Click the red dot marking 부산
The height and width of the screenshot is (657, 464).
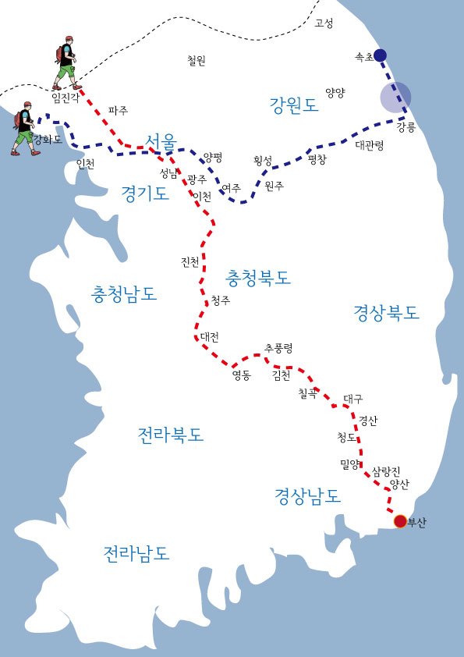pos(400,521)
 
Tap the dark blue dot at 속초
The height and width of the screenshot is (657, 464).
pos(380,55)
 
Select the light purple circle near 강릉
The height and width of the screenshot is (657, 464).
pos(395,98)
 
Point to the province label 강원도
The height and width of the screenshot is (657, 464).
pos(294,105)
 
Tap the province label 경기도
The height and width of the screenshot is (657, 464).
pos(145,194)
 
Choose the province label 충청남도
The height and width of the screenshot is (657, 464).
pos(124,294)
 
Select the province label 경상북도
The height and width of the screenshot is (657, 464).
pos(386,313)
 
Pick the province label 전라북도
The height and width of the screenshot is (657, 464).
pos(170,435)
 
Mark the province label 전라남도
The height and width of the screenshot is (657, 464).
pos(136,553)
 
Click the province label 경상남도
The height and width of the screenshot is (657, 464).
pos(307,495)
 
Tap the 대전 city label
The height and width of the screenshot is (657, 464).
pos(209,337)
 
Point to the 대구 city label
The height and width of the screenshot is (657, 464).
pos(352,399)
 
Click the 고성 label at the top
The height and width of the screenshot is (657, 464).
pos(323,23)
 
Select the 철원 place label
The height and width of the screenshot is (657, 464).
pos(197,60)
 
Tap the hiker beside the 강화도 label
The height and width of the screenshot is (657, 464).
pos(24,128)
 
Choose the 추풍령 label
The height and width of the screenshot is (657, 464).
pos(278,348)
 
